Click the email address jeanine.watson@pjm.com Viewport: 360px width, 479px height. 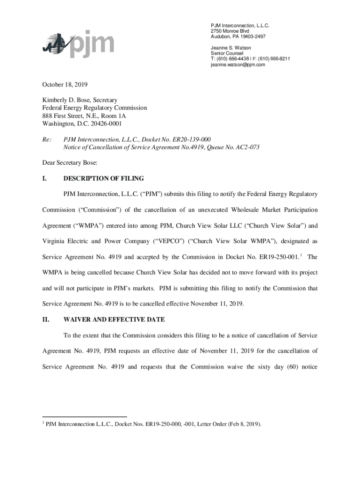tap(238, 65)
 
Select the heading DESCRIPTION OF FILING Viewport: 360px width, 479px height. tap(103, 178)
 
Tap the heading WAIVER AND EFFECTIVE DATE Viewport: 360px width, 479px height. tap(114, 319)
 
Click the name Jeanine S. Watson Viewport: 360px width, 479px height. tap(230, 48)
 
